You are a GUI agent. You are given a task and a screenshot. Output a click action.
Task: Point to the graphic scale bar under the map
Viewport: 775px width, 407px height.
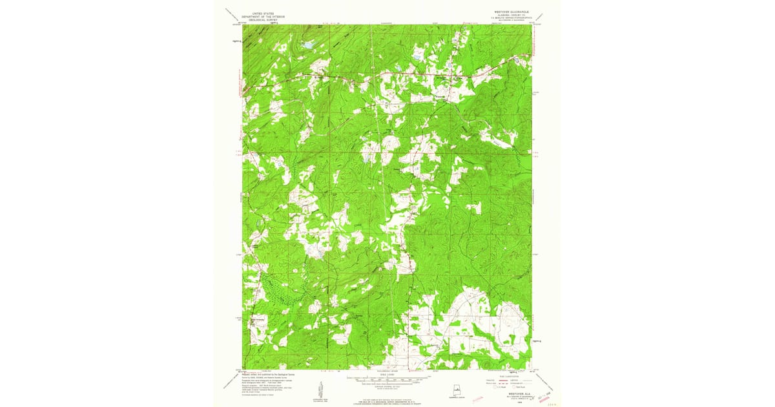[387, 380]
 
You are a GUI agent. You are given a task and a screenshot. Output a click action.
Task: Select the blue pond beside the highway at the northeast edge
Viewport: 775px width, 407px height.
[517, 59]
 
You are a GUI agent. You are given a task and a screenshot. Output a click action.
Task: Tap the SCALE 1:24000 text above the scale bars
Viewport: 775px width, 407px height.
[387, 374]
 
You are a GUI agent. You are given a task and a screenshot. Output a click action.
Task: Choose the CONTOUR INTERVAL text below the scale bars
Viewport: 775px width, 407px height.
[387, 386]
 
